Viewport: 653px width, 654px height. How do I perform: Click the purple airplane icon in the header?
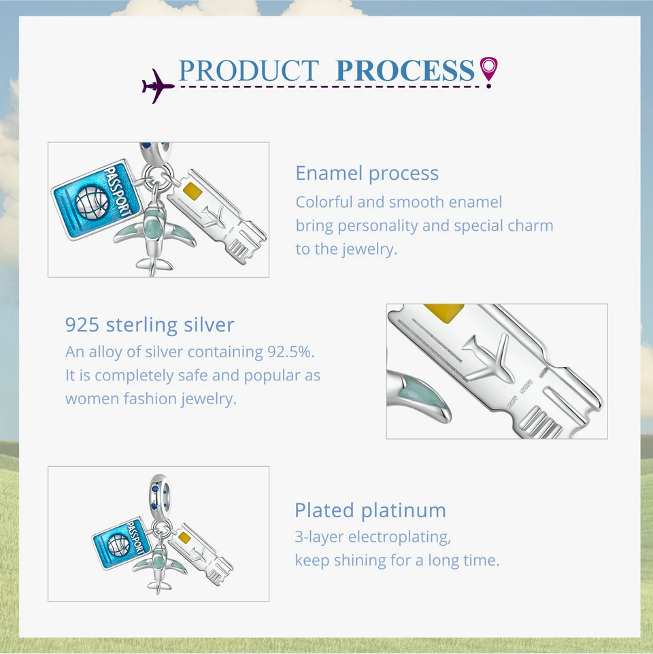click(x=157, y=86)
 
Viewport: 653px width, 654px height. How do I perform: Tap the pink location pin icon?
click(x=488, y=71)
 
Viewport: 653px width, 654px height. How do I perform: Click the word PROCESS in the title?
click(x=405, y=71)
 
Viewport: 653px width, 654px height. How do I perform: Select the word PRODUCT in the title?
click(x=249, y=71)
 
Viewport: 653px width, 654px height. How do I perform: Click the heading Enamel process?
click(x=367, y=173)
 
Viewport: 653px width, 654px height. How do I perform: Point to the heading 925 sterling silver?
click(x=150, y=325)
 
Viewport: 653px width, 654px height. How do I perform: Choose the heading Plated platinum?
click(x=370, y=510)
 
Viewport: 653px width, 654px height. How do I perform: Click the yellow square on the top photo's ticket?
click(x=192, y=191)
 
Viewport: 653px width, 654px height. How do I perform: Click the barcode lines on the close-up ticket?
click(x=540, y=423)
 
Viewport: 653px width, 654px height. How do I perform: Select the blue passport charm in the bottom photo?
click(x=120, y=542)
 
